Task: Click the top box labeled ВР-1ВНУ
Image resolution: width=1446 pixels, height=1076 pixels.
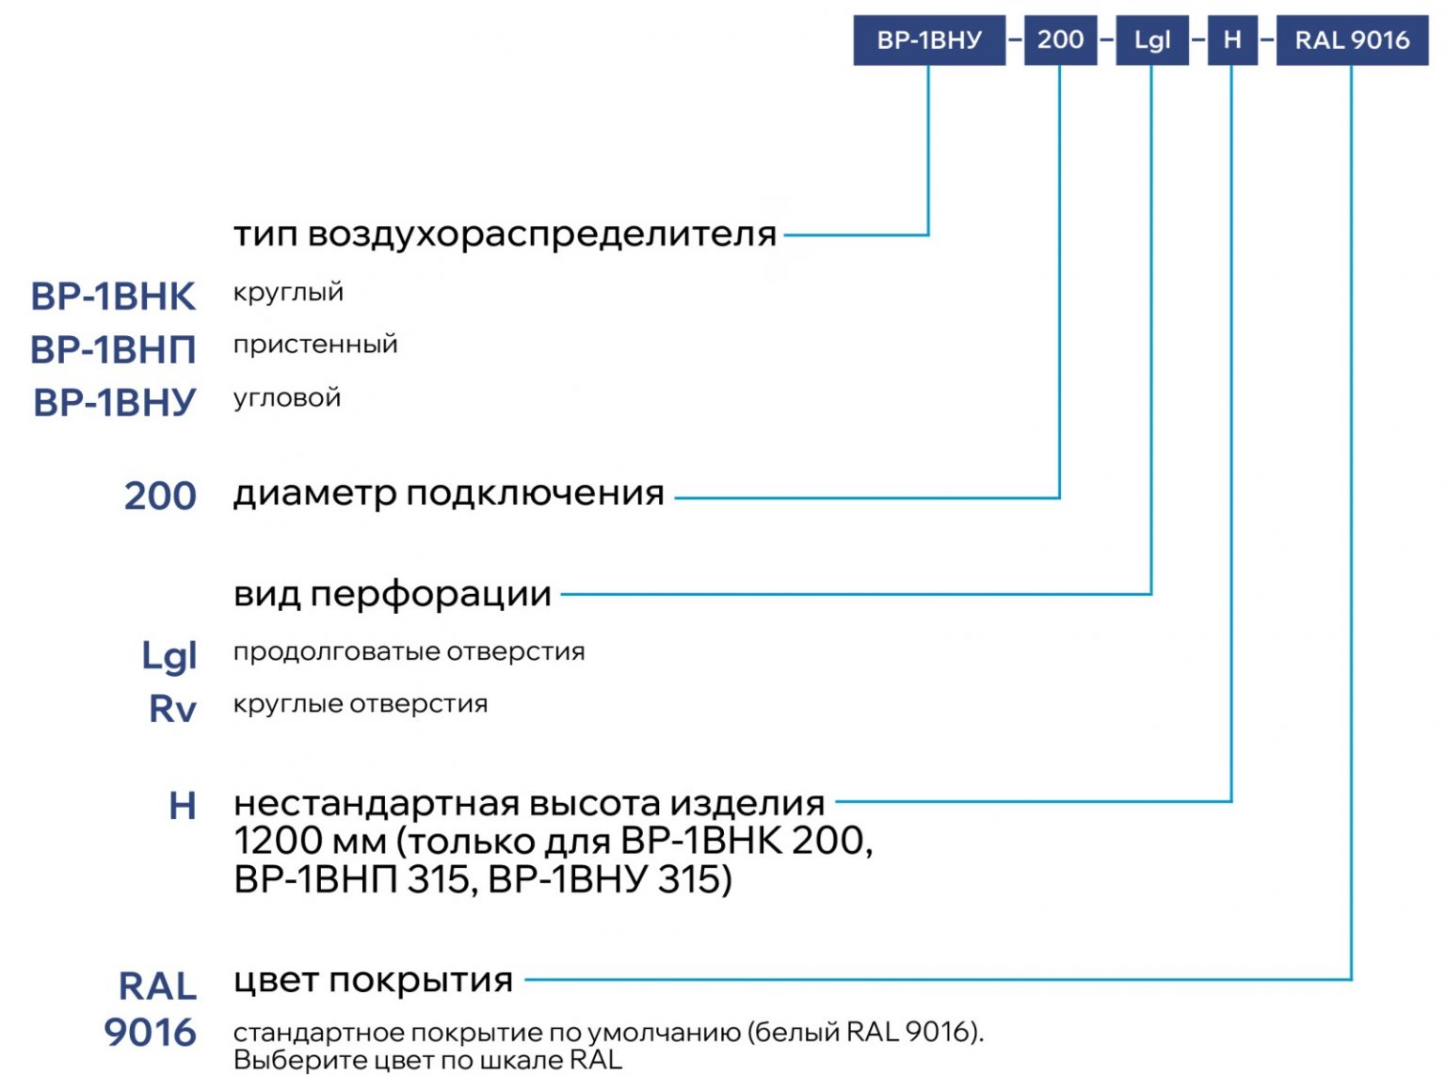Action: coord(929,40)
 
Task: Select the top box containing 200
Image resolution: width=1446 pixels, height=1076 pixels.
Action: coord(1060,40)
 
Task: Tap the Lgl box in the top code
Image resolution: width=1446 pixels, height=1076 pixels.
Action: coord(1152,40)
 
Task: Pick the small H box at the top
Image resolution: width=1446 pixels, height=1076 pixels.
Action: coord(1232,40)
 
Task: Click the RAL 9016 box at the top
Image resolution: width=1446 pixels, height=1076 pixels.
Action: coord(1352,40)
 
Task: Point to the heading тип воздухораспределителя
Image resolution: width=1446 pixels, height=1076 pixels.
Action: coord(506,234)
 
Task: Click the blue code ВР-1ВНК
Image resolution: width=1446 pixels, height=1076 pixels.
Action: coord(113,297)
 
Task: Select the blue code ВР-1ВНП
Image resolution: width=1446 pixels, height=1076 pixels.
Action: coord(113,349)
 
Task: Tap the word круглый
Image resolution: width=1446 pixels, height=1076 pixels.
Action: coord(288,293)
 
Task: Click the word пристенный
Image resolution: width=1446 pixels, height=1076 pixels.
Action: coord(315,345)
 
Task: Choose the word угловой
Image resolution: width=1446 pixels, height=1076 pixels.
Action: coord(287,398)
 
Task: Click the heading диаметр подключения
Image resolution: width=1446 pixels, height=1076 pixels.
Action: coord(448,493)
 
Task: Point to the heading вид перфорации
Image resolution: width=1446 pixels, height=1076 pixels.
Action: coord(393,594)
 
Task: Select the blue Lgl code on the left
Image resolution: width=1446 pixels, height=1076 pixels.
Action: coord(169,655)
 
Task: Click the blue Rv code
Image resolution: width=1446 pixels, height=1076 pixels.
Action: coord(173,708)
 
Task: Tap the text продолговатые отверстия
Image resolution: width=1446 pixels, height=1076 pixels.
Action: coord(409,651)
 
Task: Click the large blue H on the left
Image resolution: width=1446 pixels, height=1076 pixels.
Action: coord(183,806)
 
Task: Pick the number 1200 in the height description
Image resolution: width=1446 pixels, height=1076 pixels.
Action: coord(277,841)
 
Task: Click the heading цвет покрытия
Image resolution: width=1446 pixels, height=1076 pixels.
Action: coord(373,980)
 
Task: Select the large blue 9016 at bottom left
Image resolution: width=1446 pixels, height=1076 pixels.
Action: coord(150,1033)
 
